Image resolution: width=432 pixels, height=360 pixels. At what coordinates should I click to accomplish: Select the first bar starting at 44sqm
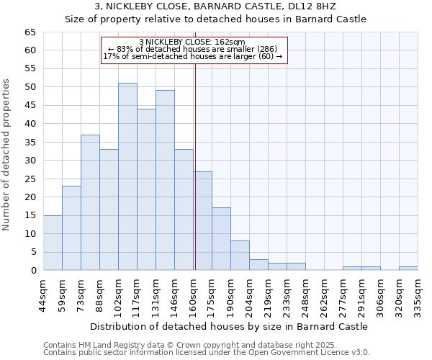point(53,243)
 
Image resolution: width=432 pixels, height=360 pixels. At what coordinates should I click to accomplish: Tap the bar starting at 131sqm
point(165,180)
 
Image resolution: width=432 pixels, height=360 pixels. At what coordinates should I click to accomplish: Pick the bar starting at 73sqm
point(90,202)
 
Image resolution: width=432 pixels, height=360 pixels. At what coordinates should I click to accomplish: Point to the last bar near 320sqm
point(408,269)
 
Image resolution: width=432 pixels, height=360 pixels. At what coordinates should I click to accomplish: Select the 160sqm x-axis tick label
point(193,294)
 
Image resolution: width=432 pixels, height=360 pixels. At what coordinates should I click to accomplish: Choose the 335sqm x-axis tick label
point(418,294)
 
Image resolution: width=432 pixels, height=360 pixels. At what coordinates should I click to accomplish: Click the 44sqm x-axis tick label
point(43,294)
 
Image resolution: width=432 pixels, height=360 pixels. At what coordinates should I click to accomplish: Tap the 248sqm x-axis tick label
point(305,294)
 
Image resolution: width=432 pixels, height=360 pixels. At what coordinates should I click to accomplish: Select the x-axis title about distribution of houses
point(228,326)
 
